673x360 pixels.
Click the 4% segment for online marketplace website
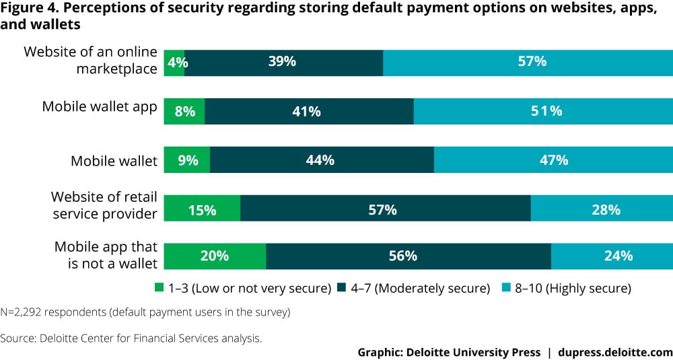(174, 63)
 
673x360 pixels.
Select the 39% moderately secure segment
(283, 63)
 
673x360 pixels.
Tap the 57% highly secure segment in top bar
(528, 63)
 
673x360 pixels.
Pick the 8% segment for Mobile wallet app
(184, 111)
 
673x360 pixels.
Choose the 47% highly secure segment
(553, 160)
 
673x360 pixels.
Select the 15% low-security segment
(202, 209)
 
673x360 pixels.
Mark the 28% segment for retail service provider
(602, 209)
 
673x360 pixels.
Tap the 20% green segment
(215, 256)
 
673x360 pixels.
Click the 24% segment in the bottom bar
(612, 256)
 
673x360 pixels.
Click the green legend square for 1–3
(159, 289)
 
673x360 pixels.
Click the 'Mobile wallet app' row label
(100, 106)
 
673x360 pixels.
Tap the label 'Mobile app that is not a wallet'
(106, 254)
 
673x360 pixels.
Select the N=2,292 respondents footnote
(145, 312)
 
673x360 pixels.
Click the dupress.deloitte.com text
(618, 351)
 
